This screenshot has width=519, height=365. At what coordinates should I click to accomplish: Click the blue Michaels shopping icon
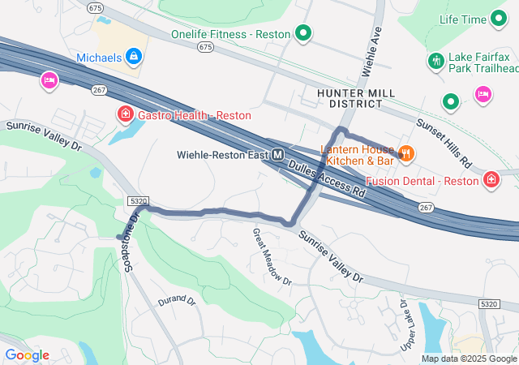pos(135,57)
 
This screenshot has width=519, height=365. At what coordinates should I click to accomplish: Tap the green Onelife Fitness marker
pos(303,33)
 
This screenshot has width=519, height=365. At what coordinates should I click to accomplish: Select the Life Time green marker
pos(498,19)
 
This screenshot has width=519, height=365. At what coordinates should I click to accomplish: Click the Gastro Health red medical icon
pos(126,114)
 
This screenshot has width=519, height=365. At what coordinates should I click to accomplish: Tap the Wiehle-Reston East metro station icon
pos(278,154)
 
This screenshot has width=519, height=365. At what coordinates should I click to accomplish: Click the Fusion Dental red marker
pos(491,179)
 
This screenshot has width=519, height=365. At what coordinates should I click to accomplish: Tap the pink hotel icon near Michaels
pos(49,80)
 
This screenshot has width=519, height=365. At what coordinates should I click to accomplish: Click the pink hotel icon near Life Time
pos(483,94)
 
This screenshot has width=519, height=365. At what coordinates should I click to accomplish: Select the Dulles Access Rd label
pos(328,178)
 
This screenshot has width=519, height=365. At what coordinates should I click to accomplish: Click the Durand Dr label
pos(177,300)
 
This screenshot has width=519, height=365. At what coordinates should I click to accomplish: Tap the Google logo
pos(27,355)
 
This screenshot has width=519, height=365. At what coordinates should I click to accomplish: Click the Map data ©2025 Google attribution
pos(468,359)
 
